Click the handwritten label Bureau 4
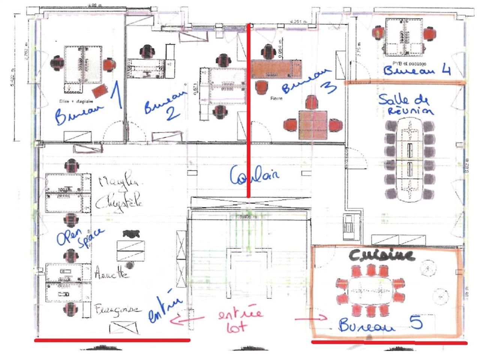point(416,70)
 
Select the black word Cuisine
point(382,255)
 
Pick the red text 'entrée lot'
point(240,319)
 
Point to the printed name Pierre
point(276,98)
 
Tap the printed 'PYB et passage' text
point(409,64)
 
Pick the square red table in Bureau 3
point(312,124)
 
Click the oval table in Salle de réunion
point(409,159)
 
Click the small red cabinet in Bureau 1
point(100,91)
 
